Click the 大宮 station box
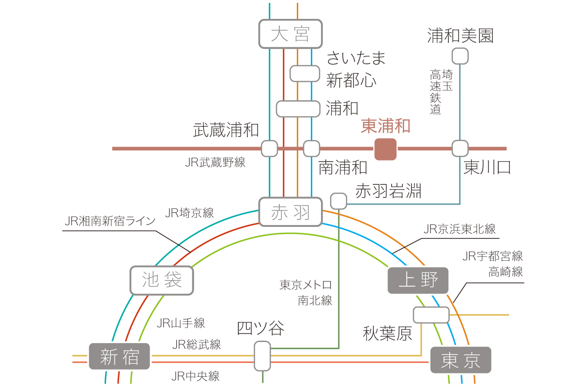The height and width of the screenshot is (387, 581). point(290,34)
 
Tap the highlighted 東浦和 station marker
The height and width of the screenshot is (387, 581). point(385,149)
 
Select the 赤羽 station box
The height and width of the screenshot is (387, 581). point(290,212)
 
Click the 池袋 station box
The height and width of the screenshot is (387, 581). point(162,280)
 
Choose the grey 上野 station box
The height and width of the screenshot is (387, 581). point(418,280)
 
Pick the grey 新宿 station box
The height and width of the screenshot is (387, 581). point(119,356)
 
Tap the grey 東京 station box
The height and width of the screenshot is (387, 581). point(460,360)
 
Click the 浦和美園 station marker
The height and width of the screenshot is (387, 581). point(460,56)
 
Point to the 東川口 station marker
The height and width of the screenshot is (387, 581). point(460,149)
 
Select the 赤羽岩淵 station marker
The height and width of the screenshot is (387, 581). point(338,201)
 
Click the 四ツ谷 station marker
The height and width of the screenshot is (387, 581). point(262,356)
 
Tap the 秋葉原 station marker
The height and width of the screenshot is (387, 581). point(431,315)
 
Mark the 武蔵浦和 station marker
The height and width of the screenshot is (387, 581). point(269,149)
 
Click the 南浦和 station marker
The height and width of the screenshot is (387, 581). point(311,149)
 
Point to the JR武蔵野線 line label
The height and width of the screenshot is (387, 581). point(215,162)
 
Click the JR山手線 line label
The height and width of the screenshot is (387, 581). point(181,323)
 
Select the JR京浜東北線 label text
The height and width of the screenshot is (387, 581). point(459,229)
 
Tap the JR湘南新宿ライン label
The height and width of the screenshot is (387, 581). point(110,221)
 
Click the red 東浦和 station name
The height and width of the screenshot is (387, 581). point(385,126)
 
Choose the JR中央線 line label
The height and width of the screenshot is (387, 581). point(195,376)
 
